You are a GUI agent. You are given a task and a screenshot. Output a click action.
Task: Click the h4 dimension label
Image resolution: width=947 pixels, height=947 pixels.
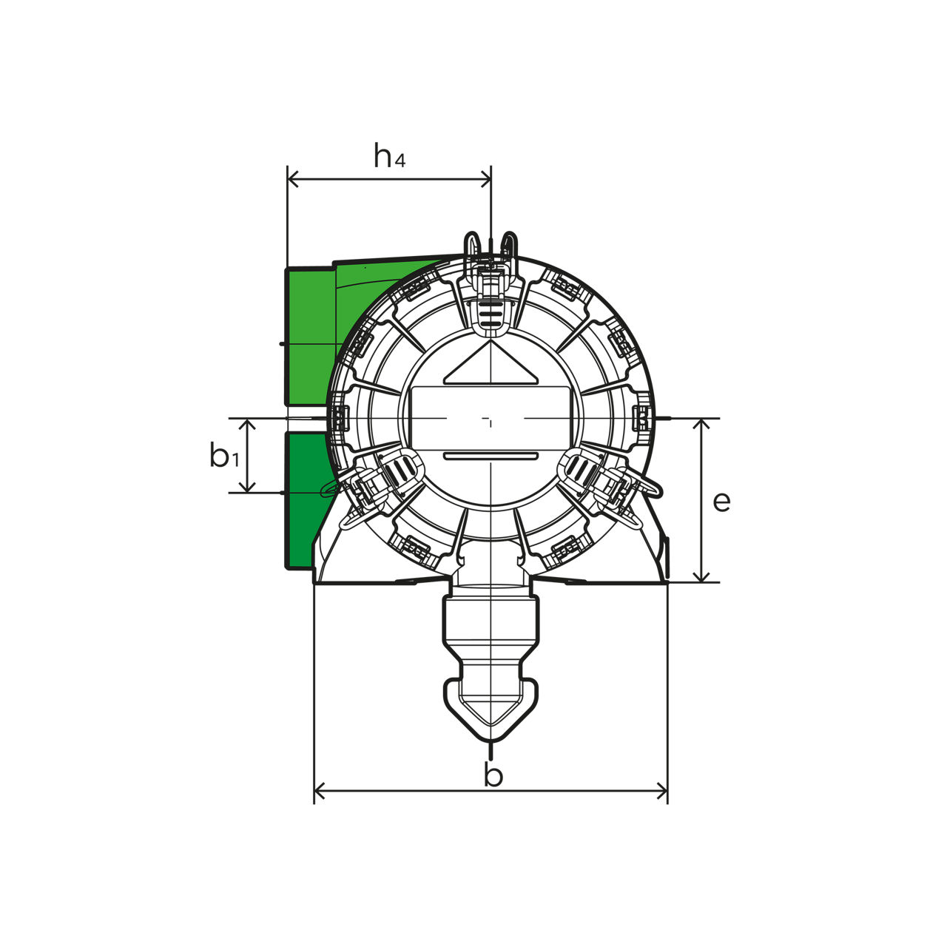(389, 155)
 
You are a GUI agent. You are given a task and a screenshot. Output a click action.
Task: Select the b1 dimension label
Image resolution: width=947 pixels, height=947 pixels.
(224, 454)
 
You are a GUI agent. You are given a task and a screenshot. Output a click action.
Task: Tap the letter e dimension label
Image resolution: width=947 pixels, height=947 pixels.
(721, 502)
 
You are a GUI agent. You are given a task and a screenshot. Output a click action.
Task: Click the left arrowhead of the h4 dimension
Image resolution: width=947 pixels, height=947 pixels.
(293, 180)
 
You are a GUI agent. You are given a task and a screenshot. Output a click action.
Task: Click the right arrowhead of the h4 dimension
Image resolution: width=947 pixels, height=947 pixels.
(485, 180)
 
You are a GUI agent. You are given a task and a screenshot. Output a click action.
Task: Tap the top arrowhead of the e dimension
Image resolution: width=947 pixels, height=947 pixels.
(704, 424)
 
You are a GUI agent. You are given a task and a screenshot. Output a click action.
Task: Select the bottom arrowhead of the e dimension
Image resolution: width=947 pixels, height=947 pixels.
(704, 577)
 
